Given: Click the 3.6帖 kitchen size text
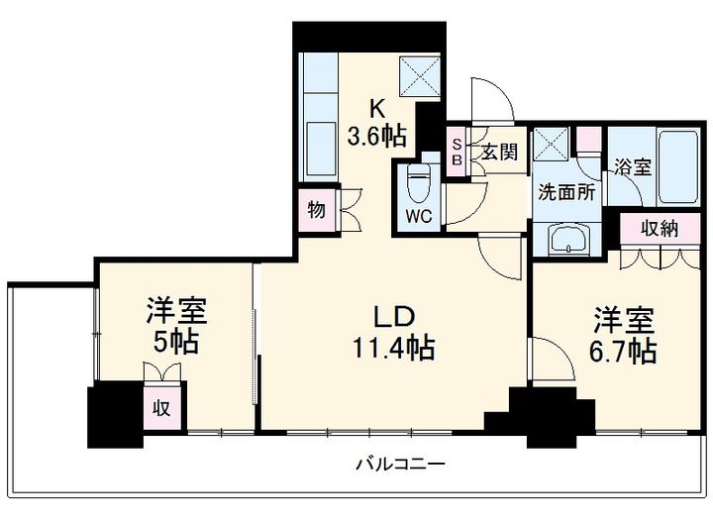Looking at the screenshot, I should point(374,135).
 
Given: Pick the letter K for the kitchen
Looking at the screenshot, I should point(376,107).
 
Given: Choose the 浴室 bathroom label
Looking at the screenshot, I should point(632,166).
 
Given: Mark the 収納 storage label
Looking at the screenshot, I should point(658,229).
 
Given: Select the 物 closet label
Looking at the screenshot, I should point(316,210).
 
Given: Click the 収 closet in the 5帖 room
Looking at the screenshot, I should point(159,407).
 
